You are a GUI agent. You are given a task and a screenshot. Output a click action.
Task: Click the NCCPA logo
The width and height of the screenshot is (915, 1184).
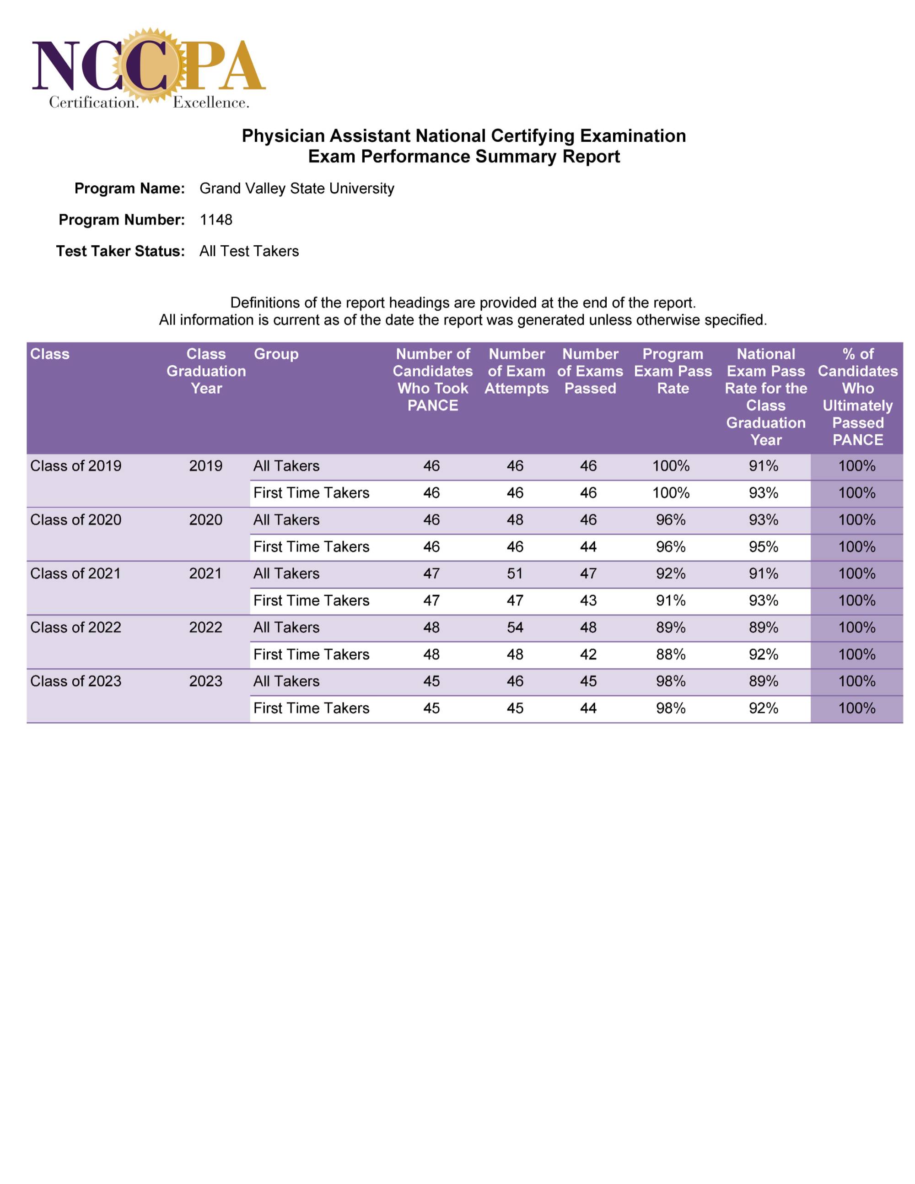(x=149, y=69)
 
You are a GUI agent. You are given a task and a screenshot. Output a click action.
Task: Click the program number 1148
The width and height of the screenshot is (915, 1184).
(x=216, y=220)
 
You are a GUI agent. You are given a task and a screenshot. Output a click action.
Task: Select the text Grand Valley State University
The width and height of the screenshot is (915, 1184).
(x=296, y=188)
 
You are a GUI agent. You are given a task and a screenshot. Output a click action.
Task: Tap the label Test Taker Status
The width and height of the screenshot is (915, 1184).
(x=120, y=251)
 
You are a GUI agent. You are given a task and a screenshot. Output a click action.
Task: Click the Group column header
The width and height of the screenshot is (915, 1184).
(x=276, y=354)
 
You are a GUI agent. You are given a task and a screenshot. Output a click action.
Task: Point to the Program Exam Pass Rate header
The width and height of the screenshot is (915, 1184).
(x=673, y=371)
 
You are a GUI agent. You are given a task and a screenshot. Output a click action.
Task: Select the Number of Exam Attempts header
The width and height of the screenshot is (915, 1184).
(x=516, y=371)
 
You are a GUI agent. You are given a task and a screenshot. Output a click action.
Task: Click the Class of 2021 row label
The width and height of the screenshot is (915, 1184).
(x=75, y=573)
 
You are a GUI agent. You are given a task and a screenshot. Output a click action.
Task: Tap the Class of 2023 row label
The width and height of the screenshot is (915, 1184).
(x=75, y=681)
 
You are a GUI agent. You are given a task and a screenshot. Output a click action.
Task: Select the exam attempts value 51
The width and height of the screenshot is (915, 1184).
(x=515, y=573)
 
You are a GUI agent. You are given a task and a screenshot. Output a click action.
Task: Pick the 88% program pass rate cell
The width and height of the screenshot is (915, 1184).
(x=671, y=654)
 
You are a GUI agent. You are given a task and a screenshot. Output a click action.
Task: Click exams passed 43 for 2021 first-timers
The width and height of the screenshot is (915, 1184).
(x=588, y=600)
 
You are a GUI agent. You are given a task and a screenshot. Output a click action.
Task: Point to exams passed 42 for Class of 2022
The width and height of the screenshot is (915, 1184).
(x=588, y=654)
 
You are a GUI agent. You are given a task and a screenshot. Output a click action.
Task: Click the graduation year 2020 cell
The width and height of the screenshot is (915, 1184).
(x=205, y=519)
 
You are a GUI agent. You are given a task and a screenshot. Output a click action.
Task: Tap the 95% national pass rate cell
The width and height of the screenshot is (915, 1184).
(x=763, y=546)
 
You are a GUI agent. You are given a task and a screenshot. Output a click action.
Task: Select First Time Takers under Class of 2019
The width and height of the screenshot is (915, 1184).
(x=311, y=493)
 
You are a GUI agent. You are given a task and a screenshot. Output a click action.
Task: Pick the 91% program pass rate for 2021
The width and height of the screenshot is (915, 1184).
(x=671, y=600)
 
